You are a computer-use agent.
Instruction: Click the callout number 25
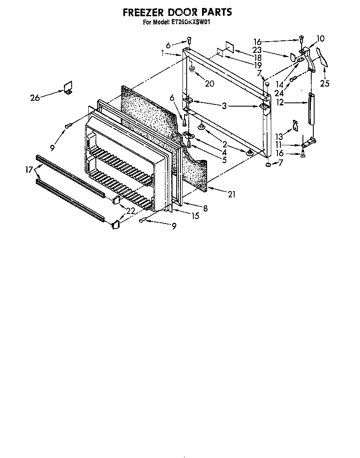pos(325,84)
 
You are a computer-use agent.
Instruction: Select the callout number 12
pos(280,102)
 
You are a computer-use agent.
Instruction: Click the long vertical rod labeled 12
pos(311,108)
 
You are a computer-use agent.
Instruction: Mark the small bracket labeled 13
pos(295,125)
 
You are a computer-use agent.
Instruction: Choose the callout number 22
pos(130,211)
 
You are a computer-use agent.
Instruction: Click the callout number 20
pos(209,83)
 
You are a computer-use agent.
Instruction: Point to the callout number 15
pos(195,216)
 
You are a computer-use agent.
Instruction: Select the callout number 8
pos(205,208)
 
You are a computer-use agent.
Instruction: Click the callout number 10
pos(320,39)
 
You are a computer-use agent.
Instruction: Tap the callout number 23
pos(257,49)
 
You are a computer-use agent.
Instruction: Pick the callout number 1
pos(162,53)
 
